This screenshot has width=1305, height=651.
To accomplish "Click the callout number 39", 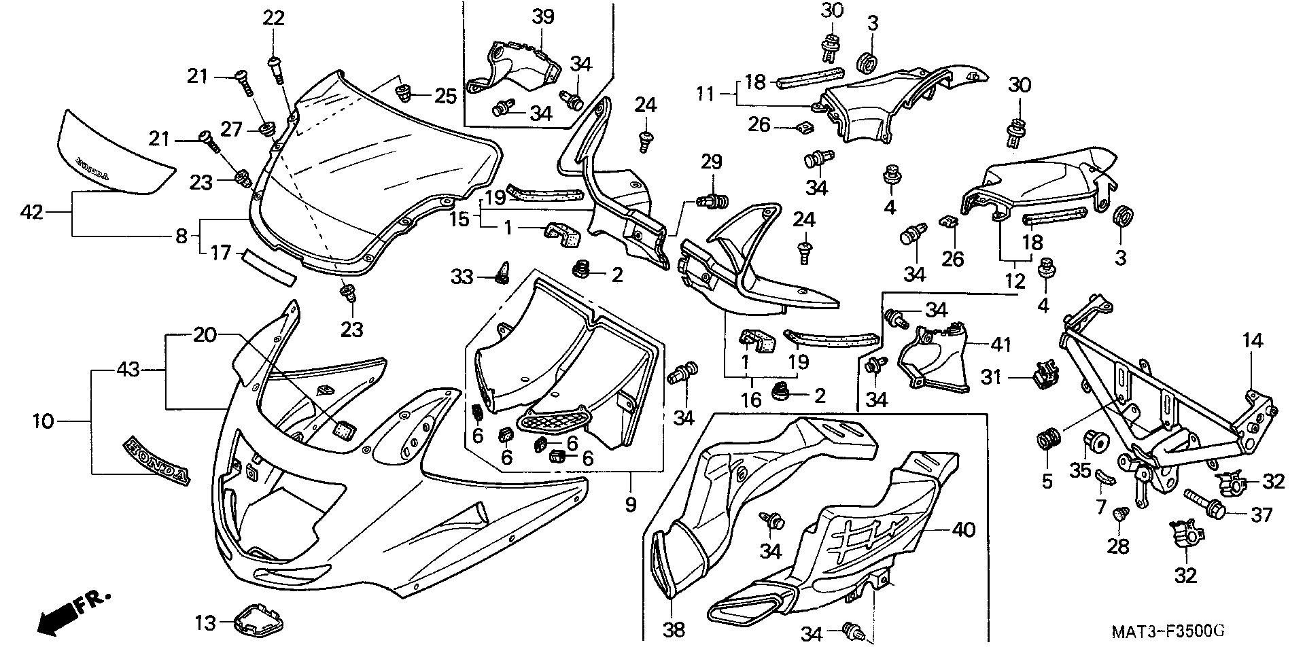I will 543,18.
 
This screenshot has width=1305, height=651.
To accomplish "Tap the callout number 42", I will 31,213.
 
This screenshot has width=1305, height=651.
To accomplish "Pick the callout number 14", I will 1253,341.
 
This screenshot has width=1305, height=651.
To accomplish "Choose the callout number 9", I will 630,504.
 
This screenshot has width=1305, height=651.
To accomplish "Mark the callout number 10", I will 42,421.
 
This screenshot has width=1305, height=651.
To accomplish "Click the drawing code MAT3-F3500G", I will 1168,631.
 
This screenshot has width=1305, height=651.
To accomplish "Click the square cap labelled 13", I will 260,618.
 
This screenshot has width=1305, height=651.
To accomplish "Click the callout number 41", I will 1000,345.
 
